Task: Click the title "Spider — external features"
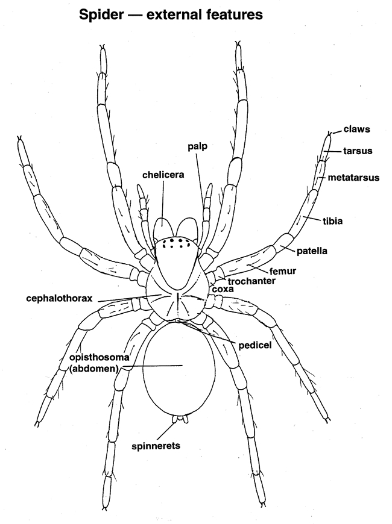click(171, 15)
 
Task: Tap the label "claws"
click(356, 129)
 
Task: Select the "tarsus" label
click(358, 150)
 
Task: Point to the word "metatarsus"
click(353, 178)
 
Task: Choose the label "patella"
click(312, 250)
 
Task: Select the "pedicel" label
click(256, 345)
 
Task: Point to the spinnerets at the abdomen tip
click(178, 419)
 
